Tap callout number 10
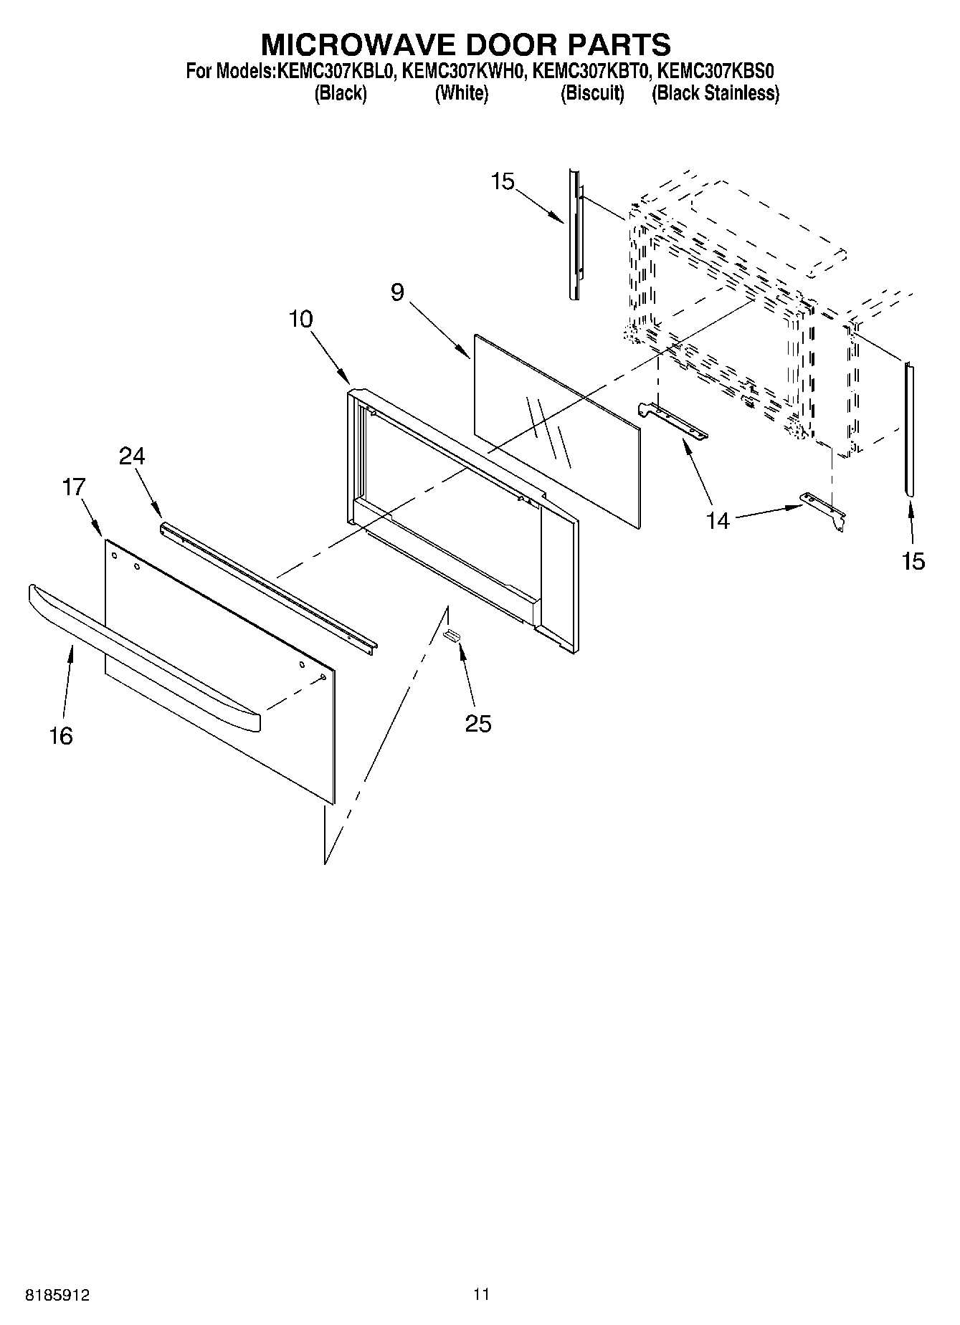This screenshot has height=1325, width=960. [x=301, y=320]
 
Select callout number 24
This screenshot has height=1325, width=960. [x=132, y=456]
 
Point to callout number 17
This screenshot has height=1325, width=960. [x=74, y=487]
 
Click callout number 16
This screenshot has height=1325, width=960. [x=61, y=735]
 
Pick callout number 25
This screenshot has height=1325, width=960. [x=478, y=724]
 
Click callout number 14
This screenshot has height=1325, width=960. [x=718, y=520]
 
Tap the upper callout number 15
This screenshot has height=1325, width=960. [x=503, y=182]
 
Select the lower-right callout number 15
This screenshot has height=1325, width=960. [x=913, y=560]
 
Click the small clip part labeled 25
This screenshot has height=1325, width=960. [x=452, y=635]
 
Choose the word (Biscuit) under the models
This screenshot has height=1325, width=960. [x=592, y=93]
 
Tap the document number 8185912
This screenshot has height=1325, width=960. [x=58, y=1295]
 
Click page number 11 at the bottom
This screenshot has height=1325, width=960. [x=480, y=1294]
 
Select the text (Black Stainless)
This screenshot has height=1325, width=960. [x=715, y=93]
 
